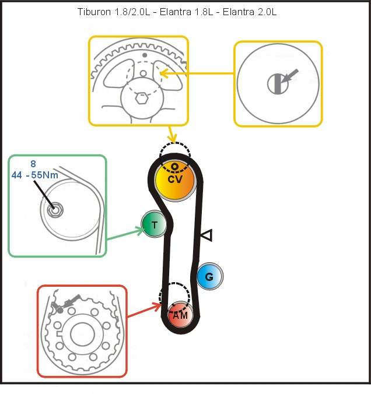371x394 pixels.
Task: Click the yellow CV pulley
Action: click(x=175, y=181)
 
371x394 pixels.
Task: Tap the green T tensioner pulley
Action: click(x=154, y=224)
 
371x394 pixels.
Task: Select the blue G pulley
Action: click(x=209, y=276)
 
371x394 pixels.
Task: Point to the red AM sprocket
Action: click(x=180, y=315)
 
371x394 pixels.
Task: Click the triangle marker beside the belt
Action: click(x=206, y=235)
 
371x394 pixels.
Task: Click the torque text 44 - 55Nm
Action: click(x=35, y=175)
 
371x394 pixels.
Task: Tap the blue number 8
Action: click(x=33, y=164)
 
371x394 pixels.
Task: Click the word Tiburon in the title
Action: click(x=94, y=12)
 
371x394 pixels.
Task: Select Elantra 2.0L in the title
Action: click(x=250, y=12)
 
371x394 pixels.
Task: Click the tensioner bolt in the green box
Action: click(x=55, y=210)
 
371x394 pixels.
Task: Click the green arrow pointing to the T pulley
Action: click(x=125, y=234)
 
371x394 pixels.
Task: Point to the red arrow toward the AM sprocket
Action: click(x=145, y=311)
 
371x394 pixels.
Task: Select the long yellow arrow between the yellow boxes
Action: click(x=197, y=73)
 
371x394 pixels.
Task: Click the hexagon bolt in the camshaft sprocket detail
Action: click(x=142, y=98)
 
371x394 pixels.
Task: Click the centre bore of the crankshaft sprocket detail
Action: click(x=82, y=335)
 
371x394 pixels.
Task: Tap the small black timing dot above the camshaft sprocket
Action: click(x=145, y=55)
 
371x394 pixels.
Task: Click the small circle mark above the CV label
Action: click(x=174, y=166)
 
